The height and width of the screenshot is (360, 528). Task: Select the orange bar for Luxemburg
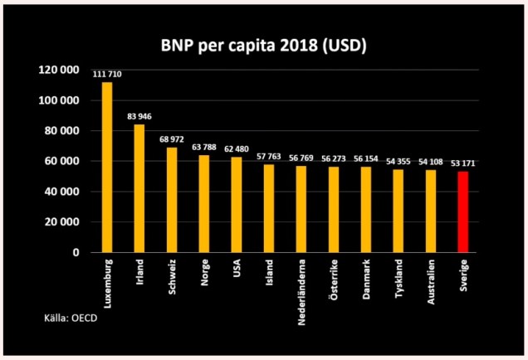point(107,167)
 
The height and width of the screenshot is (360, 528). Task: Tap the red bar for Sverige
point(463,212)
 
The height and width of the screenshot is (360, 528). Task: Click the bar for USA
point(237,204)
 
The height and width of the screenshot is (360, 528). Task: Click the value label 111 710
point(107,75)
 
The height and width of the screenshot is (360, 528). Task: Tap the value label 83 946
point(139,117)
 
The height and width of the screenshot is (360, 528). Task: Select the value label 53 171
point(463,164)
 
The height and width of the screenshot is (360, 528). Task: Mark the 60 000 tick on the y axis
point(62,161)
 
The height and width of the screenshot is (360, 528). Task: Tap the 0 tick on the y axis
point(75,252)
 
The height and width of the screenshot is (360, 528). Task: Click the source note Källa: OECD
point(74,318)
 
